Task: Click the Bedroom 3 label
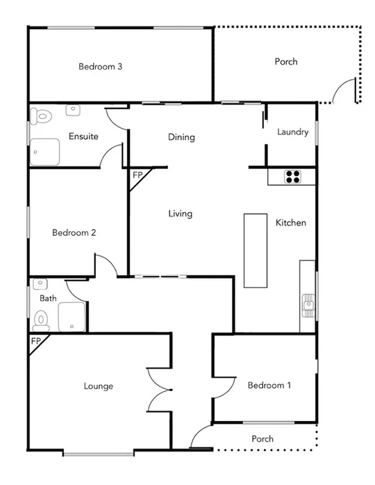pos(101,67)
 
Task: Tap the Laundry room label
pos(292,132)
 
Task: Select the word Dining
pos(181,137)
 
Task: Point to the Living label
pos(180,214)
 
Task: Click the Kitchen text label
pos(291,223)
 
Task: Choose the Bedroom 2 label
pos(74,232)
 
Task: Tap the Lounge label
pos(98,386)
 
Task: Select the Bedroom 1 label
pos(269,385)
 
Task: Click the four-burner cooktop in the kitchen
pos(292,177)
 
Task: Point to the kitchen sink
pos(308,303)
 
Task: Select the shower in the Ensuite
pos(45,151)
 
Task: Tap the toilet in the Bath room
pos(42,319)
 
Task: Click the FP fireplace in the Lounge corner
pos(36,342)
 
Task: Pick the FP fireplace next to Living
pos(137,175)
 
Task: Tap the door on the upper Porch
pos(343,92)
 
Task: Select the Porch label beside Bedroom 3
pos(285,61)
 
